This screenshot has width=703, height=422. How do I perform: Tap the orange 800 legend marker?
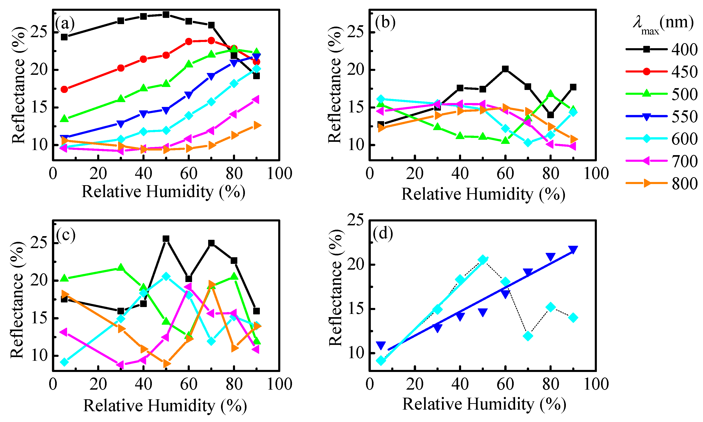647,183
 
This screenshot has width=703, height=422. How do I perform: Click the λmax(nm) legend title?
663,24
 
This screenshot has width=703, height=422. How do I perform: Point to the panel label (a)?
65,23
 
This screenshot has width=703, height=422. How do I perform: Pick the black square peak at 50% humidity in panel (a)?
166,14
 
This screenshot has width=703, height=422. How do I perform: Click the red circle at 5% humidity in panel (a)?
64,89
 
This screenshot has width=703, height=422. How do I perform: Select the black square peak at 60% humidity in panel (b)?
505,69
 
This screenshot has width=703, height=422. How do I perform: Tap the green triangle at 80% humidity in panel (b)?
550,94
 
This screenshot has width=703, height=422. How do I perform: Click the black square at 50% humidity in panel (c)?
166,239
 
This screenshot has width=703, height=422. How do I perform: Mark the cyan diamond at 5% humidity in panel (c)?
65,362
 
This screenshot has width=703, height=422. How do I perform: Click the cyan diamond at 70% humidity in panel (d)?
528,336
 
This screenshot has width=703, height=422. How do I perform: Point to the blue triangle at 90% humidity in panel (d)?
573,249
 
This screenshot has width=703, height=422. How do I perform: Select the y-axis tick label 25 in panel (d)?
355,220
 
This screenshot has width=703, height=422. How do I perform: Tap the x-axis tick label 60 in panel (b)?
505,173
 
